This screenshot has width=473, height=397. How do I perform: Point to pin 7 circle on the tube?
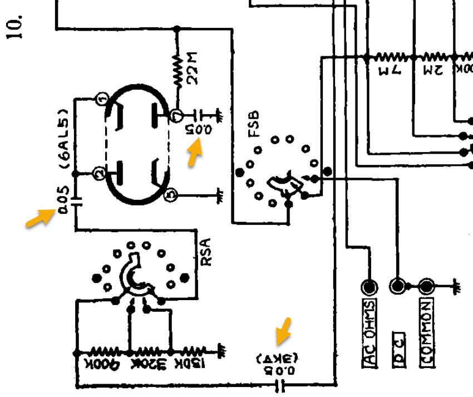point(176,116)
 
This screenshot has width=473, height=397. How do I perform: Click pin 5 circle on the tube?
point(171,195)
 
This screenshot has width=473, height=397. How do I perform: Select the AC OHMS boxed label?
point(370,333)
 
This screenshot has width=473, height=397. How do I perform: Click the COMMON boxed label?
point(426,333)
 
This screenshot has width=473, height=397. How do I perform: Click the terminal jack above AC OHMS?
point(368,287)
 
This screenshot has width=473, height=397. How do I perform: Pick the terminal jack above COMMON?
point(426,287)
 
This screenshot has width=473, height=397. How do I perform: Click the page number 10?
point(15,26)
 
